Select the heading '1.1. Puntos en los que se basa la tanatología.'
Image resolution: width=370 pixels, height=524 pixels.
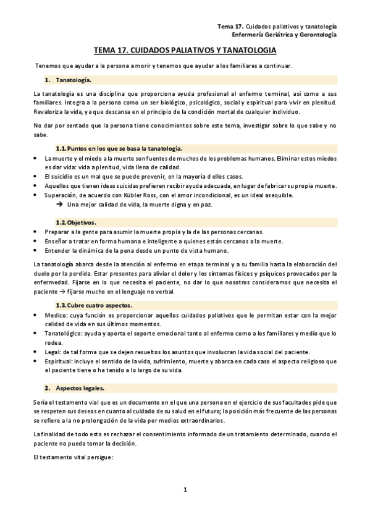[x=119, y=148]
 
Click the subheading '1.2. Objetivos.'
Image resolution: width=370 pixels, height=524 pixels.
[x=75, y=222]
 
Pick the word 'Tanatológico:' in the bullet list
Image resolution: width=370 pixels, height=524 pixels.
[x=65, y=334]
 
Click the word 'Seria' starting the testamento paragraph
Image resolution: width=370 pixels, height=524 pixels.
[x=41, y=402]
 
